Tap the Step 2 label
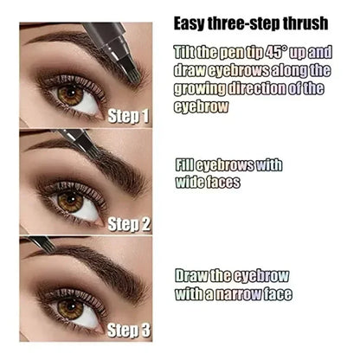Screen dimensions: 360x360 point(130,224)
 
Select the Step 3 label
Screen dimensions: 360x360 point(130,329)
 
